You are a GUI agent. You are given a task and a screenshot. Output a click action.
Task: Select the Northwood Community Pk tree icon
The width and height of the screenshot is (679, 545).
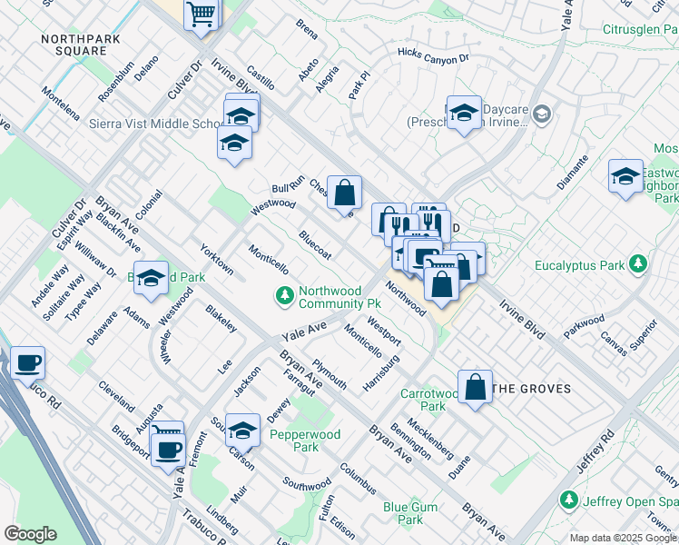click(x=285, y=295)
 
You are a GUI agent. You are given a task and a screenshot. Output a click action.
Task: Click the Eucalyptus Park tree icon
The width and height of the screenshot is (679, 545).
click(x=640, y=265)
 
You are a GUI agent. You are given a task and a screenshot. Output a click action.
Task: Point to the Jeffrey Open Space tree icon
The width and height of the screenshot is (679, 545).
click(x=569, y=500)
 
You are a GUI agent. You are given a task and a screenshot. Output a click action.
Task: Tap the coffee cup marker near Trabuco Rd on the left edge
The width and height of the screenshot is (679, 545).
click(x=26, y=363)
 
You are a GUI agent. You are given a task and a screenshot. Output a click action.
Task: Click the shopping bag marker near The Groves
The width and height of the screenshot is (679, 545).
click(x=475, y=387)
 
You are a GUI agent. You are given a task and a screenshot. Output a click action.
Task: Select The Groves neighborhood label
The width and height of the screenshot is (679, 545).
click(x=531, y=389)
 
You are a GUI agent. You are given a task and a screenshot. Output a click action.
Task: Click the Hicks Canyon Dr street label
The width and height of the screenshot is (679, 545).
click(x=433, y=56)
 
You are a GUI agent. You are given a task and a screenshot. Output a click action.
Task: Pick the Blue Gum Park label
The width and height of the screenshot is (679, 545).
click(x=409, y=514)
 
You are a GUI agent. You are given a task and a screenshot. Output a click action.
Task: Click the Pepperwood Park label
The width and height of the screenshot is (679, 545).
click(x=306, y=441)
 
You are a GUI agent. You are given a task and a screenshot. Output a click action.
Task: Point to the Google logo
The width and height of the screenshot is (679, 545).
click(x=31, y=534)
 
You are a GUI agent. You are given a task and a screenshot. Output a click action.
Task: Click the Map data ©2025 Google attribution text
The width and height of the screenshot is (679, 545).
click(x=623, y=538)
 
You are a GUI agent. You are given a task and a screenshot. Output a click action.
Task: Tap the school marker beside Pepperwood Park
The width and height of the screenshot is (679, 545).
click(x=241, y=430)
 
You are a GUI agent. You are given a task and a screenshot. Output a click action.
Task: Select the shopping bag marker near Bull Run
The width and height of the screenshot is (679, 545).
click(x=344, y=193)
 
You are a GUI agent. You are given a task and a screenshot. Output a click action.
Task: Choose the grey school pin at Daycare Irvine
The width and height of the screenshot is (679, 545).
click(x=543, y=114)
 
